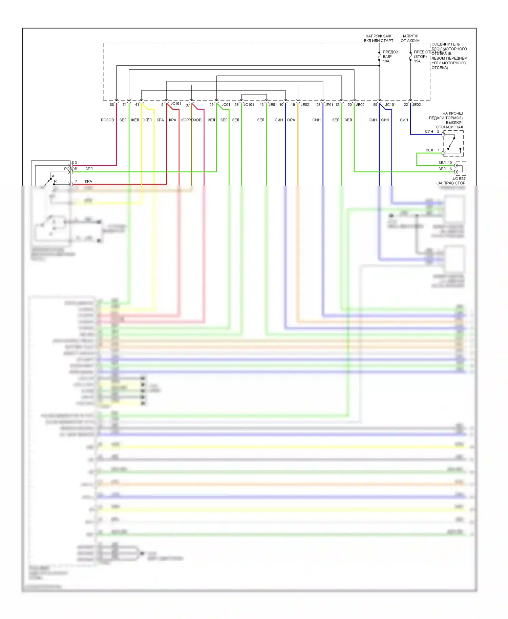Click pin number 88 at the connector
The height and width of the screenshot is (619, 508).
(112, 105)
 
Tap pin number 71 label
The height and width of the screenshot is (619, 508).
(124, 105)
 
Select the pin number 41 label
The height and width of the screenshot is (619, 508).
(137, 105)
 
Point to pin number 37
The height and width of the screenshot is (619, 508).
(188, 105)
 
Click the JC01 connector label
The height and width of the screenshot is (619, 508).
(226, 105)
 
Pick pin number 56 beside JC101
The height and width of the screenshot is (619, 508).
(236, 105)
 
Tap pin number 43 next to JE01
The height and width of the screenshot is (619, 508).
(261, 105)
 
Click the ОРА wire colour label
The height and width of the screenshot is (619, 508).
(291, 120)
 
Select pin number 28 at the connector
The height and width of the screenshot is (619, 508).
(318, 105)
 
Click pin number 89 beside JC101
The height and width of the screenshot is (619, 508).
(375, 105)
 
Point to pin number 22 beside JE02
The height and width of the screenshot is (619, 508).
(406, 105)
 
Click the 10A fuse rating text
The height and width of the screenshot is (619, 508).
(386, 61)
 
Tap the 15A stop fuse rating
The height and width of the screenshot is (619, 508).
(417, 61)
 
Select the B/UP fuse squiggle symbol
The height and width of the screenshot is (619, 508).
(379, 57)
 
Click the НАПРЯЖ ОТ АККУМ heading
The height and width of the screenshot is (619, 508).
(410, 38)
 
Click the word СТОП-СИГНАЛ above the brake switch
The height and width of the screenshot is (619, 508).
(449, 127)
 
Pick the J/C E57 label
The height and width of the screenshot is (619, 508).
(459, 178)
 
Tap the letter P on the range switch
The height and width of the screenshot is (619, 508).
(52, 176)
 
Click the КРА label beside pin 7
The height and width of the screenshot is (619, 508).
(88, 181)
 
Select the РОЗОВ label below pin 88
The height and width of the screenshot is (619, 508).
(107, 120)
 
